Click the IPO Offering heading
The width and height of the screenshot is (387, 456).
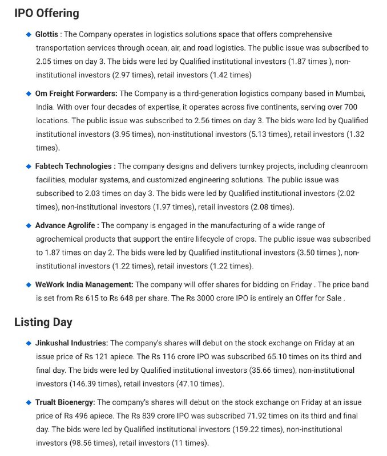tap(47, 13)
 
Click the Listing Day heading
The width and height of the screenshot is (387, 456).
tap(43, 322)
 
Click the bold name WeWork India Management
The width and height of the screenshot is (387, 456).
tap(84, 284)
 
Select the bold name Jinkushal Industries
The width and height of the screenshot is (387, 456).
tap(71, 343)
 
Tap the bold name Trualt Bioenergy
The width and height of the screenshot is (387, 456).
tap(65, 402)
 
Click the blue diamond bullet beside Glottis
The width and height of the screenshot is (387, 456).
tap(29, 35)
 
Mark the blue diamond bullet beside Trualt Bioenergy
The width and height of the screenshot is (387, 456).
tap(29, 402)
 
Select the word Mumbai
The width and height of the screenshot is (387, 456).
tap(348, 93)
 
